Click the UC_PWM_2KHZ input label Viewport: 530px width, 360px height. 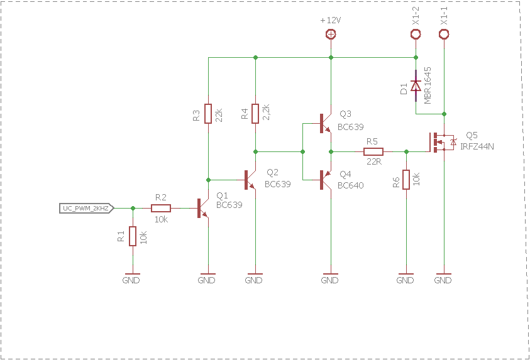tap(87, 209)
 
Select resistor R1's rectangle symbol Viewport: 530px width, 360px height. tap(133, 236)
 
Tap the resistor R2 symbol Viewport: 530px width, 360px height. tap(161, 209)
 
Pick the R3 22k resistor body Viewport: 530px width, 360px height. tap(208, 114)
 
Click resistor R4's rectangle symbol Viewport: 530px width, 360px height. tap(255, 114)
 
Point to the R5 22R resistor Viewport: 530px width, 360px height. tap(373, 151)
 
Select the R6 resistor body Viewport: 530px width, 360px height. tap(406, 180)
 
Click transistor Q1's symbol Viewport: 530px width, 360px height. tap(203, 209)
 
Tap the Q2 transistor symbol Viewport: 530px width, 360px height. tap(250, 180)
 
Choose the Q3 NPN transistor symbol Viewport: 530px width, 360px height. tap(326, 124)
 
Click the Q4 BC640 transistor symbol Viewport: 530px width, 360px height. tap(326, 180)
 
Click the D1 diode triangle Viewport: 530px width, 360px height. tap(416, 86)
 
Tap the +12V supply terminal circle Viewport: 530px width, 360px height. tap(331, 34)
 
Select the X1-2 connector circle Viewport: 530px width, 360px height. tap(416, 34)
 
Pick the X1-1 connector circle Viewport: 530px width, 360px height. tap(444, 34)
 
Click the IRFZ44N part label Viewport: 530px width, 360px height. tap(477, 146)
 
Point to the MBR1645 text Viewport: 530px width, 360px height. tap(428, 85)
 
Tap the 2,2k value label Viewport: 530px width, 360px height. tap(266, 112)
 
